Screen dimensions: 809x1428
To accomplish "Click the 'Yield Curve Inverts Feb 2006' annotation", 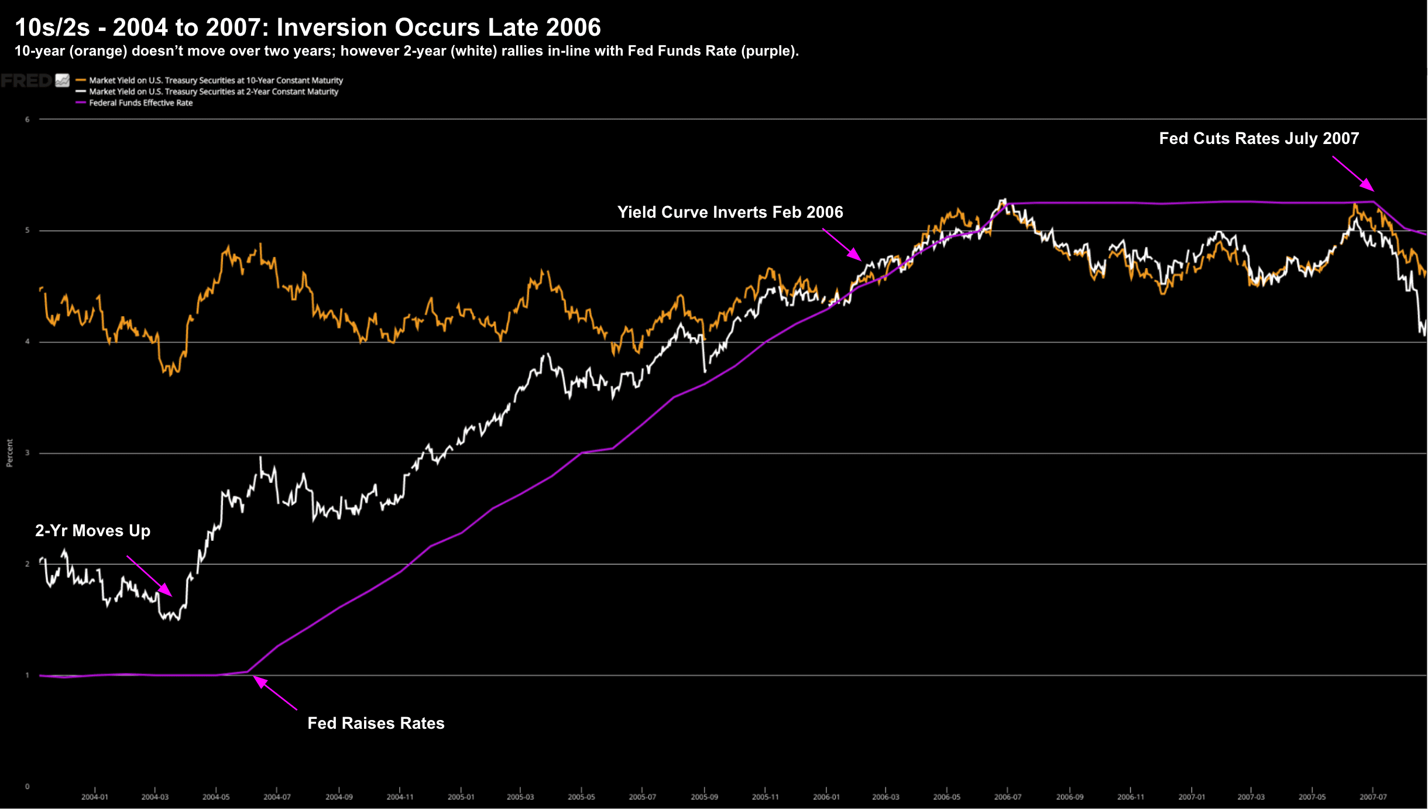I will pyautogui.click(x=730, y=212).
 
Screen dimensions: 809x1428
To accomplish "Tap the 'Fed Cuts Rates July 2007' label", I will pyautogui.click(x=1259, y=139).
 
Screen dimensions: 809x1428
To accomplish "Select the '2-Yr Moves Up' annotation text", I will pyautogui.click(x=92, y=531).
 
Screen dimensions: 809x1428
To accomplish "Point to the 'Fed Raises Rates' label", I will pyautogui.click(x=376, y=724).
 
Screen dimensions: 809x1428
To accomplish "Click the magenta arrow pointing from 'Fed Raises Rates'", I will pyautogui.click(x=274, y=693).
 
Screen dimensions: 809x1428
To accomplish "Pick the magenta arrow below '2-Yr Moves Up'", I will pyautogui.click(x=149, y=576).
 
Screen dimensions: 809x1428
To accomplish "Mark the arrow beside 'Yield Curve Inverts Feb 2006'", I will pyautogui.click(x=842, y=245).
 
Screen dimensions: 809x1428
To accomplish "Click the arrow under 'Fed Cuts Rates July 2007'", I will pyautogui.click(x=1353, y=173).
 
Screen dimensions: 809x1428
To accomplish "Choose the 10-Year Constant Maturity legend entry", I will pyautogui.click(x=215, y=80).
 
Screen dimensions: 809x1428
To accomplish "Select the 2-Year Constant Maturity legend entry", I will pyautogui.click(x=213, y=91).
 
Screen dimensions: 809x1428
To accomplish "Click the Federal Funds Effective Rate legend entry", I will pyautogui.click(x=140, y=102).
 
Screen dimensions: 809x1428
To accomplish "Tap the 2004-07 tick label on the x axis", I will pyautogui.click(x=277, y=797).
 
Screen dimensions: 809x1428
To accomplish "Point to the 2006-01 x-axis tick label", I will pyautogui.click(x=826, y=797).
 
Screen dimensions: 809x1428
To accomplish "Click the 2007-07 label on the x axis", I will pyautogui.click(x=1373, y=797).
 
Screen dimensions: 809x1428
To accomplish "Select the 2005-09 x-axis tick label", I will pyautogui.click(x=704, y=797).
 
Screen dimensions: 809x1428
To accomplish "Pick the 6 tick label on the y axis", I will pyautogui.click(x=27, y=119).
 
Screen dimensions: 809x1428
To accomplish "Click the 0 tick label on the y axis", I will pyautogui.click(x=27, y=786).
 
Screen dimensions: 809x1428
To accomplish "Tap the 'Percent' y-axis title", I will pyautogui.click(x=9, y=453).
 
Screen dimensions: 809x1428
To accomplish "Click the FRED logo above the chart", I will pyautogui.click(x=26, y=81).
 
